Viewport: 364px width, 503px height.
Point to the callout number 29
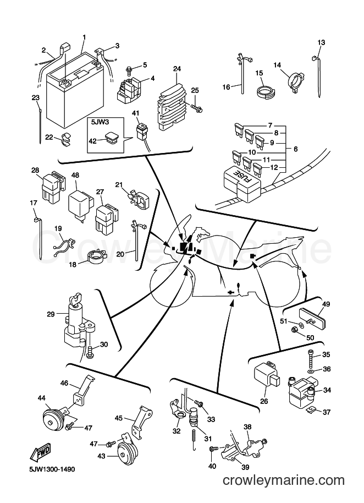coord(51,314)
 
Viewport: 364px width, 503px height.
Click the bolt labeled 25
coord(196,108)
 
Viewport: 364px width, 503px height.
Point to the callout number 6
coord(295,149)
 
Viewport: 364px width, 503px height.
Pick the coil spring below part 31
coord(194,436)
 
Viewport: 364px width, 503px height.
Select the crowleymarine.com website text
coord(284,480)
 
